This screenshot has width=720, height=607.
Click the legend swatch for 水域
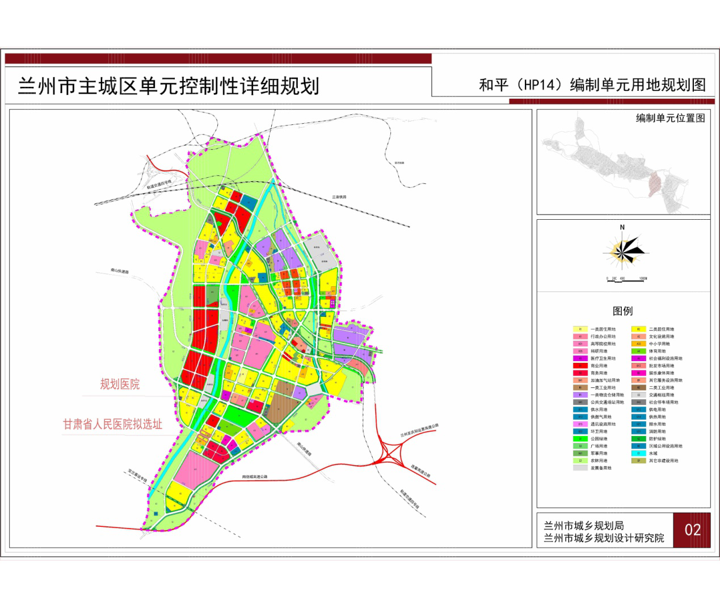point(638,453)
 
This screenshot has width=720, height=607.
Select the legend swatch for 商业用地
point(580,366)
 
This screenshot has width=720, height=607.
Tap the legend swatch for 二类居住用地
point(638,329)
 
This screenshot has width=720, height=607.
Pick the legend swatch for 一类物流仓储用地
point(580,395)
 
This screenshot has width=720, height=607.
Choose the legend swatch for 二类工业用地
point(638,388)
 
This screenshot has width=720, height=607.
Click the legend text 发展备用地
point(601,468)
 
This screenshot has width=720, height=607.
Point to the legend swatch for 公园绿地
point(580,439)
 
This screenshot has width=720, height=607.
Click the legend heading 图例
point(622,311)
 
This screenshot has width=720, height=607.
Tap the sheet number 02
point(692,530)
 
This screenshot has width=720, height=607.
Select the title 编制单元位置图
point(670,118)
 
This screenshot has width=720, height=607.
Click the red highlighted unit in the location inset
point(655,185)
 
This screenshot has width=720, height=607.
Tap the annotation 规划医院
point(120,384)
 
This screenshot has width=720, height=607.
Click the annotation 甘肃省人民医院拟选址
point(112,424)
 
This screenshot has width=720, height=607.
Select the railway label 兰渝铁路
point(339,197)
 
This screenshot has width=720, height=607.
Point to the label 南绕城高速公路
point(254,477)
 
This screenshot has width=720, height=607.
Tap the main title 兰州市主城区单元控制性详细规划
point(169,86)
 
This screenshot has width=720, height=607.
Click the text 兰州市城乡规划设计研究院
point(604,538)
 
